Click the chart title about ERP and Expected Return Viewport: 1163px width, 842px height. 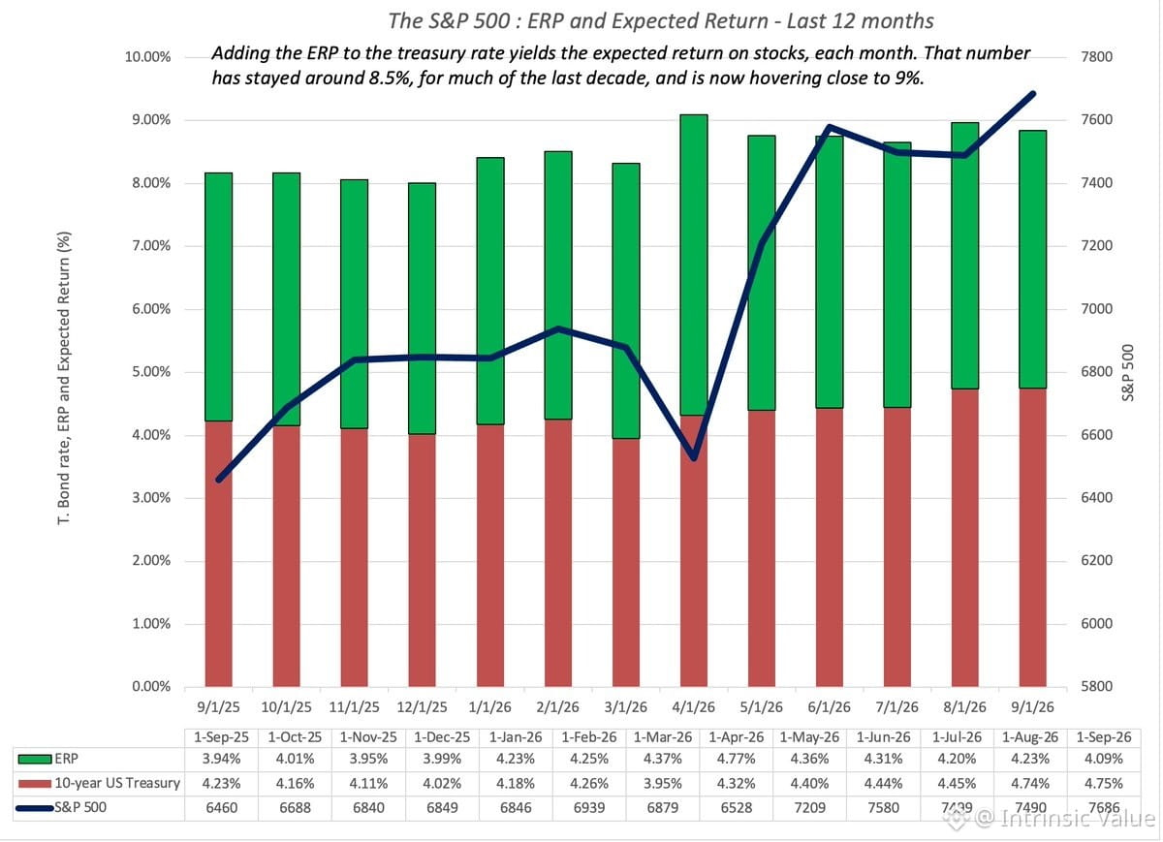tap(660, 21)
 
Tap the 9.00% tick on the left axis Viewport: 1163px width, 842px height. tap(151, 120)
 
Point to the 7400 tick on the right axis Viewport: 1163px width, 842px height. tap(1096, 183)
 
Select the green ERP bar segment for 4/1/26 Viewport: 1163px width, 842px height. tap(694, 265)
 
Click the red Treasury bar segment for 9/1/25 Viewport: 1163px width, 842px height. tap(219, 553)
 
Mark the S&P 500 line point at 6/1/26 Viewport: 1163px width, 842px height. tap(830, 127)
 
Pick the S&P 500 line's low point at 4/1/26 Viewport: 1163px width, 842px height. tap(694, 457)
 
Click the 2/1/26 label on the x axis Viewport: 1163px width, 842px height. tap(557, 707)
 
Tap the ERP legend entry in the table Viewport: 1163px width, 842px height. tap(47, 759)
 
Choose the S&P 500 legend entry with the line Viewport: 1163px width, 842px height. tap(61, 807)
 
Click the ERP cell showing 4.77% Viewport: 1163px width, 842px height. tap(737, 759)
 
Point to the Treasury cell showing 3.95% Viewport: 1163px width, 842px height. tap(663, 783)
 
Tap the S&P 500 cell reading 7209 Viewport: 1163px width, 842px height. tap(810, 807)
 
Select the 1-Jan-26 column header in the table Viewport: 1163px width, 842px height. tap(516, 737)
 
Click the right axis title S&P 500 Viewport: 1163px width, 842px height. tap(1128, 373)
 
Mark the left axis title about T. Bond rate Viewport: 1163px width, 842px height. tap(64, 378)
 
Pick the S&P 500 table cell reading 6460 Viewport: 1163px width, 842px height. tap(222, 807)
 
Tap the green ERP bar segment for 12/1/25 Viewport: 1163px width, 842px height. tap(423, 308)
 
